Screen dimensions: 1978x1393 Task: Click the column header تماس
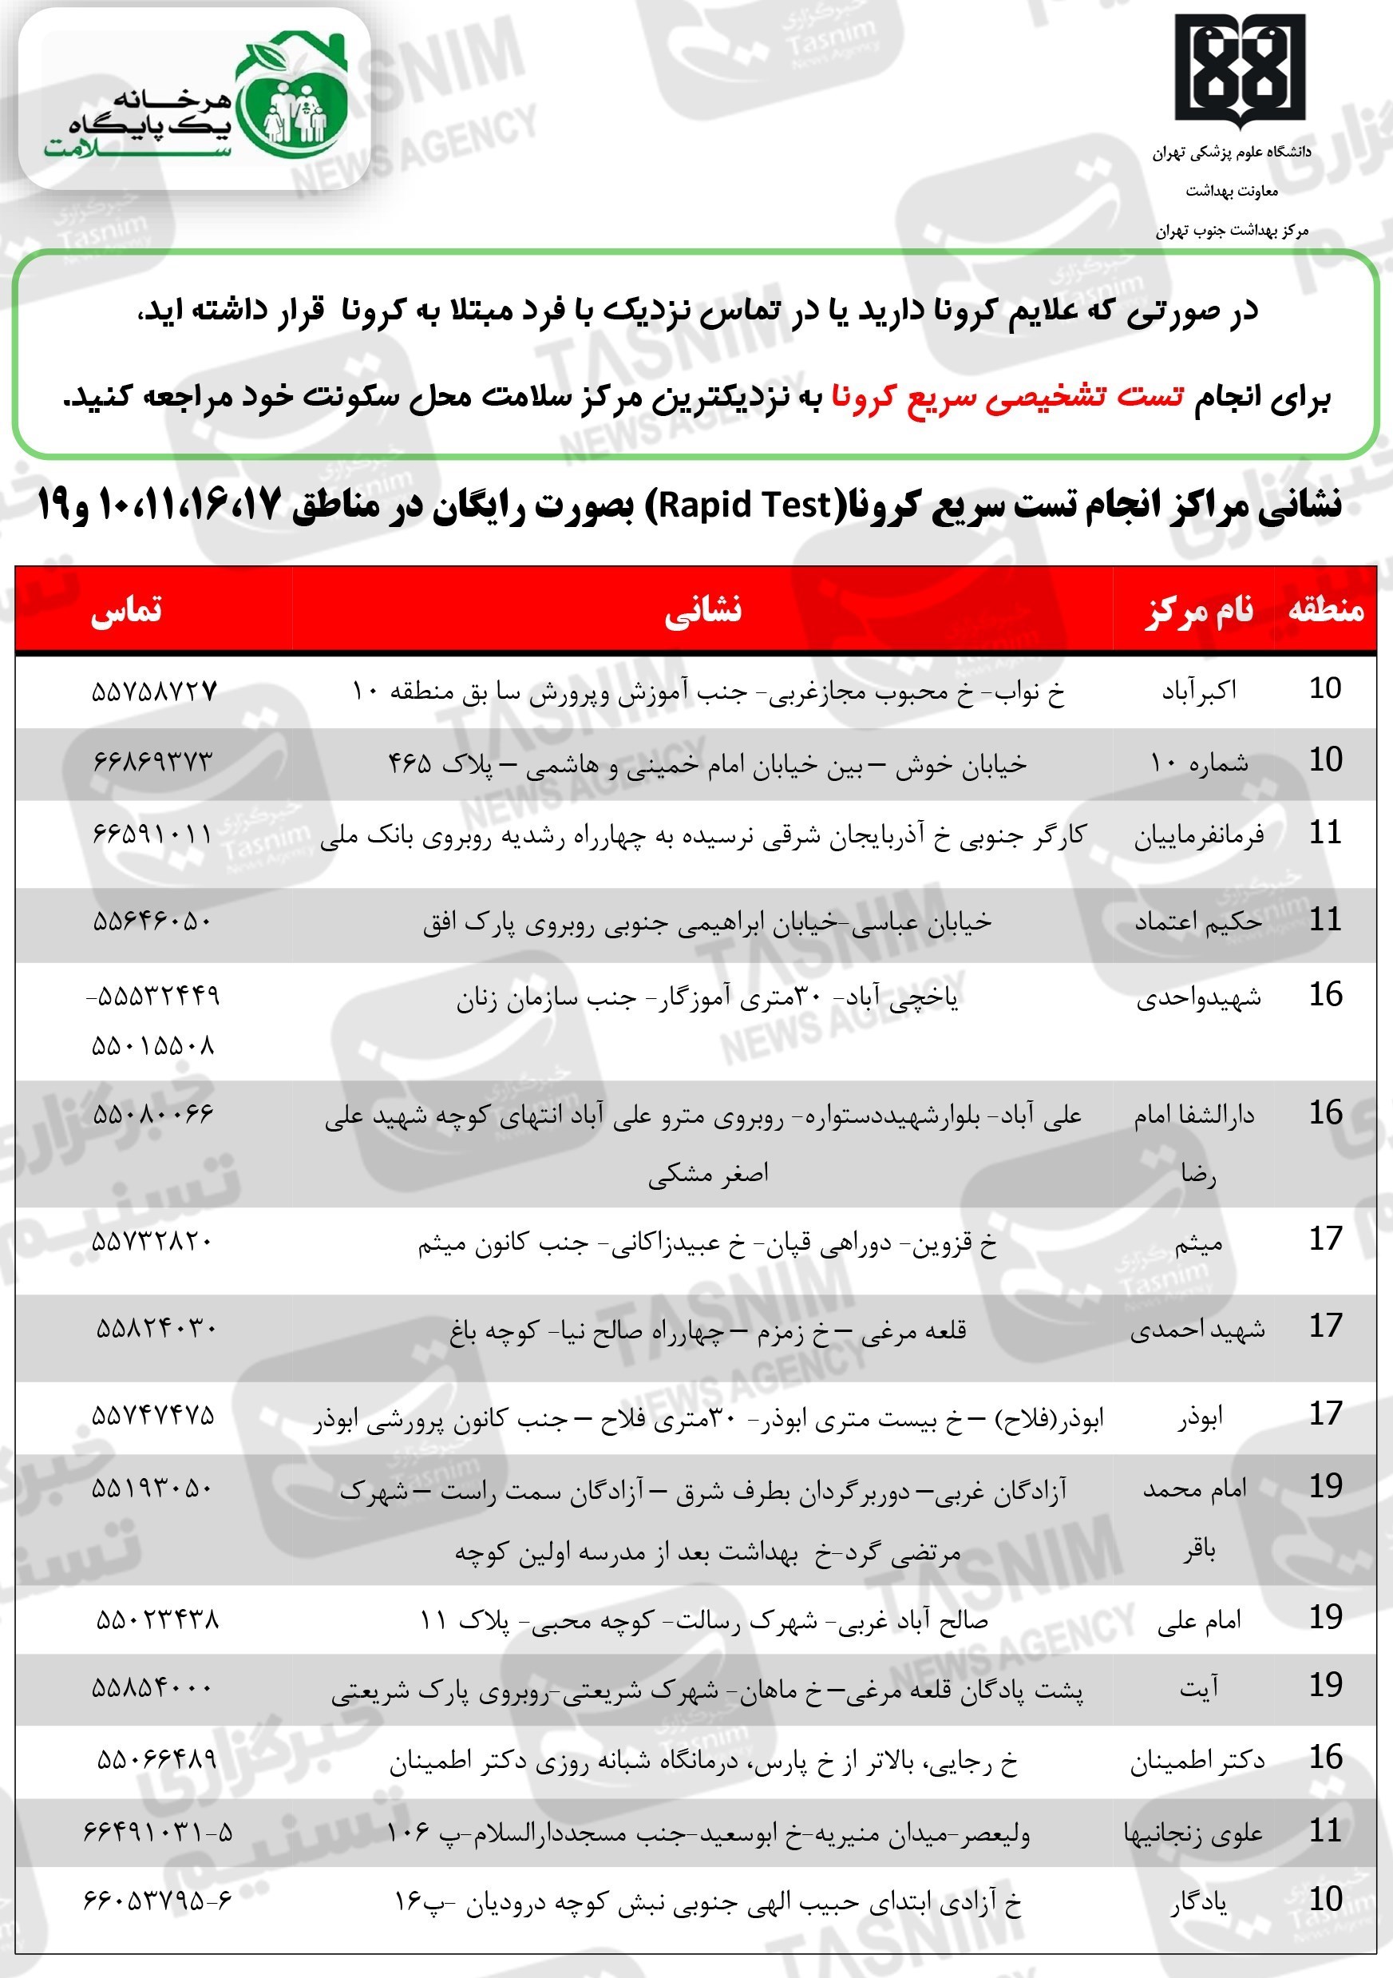coord(127,609)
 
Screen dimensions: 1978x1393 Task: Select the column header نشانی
coord(702,609)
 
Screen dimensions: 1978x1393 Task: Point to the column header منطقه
coord(1325,609)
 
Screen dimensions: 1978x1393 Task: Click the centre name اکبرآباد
coord(1198,690)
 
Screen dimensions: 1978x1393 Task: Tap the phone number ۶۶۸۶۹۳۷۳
coord(152,762)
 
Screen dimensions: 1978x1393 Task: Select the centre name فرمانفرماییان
coord(1198,834)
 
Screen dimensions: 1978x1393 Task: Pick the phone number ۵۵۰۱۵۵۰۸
coord(152,1046)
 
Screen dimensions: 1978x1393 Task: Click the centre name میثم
coord(1198,1244)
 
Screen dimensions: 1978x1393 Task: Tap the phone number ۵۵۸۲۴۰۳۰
coord(156,1329)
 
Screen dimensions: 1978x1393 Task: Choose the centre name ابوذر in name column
coord(1200,1418)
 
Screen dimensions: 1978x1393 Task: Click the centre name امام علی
coord(1198,1620)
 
